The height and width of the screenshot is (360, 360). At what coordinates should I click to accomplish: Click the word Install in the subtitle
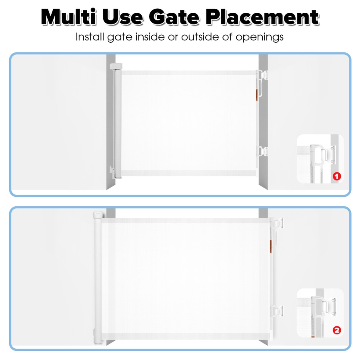89,37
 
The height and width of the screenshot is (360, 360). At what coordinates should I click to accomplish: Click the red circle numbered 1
336,176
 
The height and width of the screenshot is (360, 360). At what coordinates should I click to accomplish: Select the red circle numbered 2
336,330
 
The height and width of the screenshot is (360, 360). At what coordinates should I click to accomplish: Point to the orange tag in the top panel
257,93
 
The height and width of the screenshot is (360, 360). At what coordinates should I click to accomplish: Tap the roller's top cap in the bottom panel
97,216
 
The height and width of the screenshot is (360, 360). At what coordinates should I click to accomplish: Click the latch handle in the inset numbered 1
320,158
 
